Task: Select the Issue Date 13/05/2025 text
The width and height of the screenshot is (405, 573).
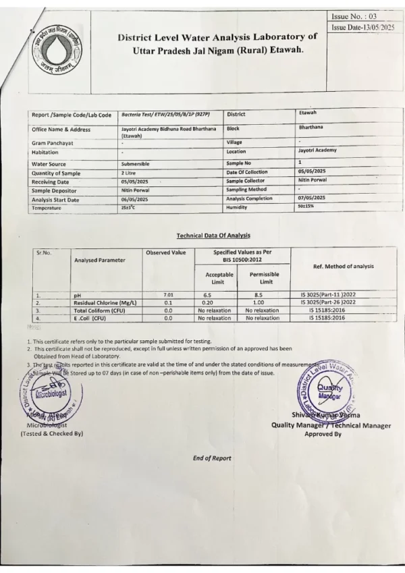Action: point(362,27)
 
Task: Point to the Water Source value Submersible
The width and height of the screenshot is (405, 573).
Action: point(136,163)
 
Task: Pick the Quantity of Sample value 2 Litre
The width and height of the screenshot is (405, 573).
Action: point(129,173)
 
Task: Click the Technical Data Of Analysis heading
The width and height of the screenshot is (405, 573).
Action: point(213,235)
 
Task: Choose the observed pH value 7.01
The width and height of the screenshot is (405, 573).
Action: point(169,295)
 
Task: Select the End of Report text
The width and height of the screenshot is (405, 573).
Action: point(212,458)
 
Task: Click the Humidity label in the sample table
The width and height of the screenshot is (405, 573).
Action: point(238,207)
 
